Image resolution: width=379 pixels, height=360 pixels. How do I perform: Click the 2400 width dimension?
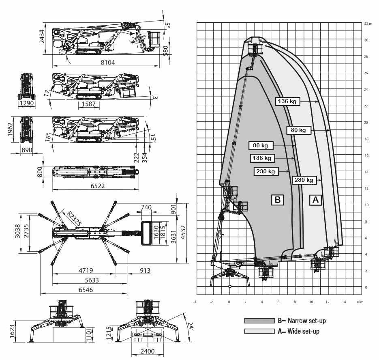[x=147, y=351]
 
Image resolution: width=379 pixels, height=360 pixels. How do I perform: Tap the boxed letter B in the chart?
[x=277, y=200]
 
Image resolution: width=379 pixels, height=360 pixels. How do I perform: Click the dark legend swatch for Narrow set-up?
[x=259, y=321]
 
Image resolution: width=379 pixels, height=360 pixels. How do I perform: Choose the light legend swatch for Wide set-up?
[x=259, y=331]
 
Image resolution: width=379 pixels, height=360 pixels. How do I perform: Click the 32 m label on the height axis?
[x=368, y=24]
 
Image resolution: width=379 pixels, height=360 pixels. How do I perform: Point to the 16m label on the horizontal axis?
[x=360, y=302]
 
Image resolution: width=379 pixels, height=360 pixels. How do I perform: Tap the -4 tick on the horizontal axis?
[x=195, y=302]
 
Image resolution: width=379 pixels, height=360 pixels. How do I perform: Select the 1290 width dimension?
[x=26, y=104]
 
